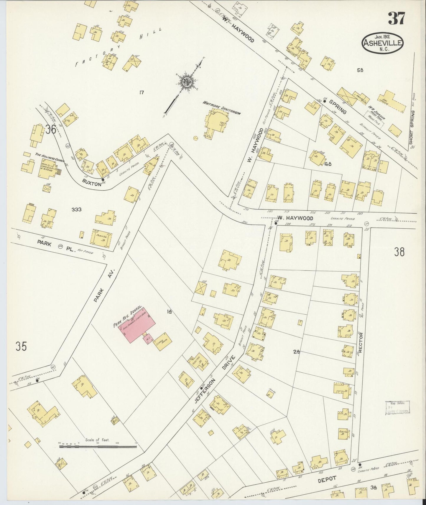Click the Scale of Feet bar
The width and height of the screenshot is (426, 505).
click(98, 447)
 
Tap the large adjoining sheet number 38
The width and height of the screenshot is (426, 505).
click(399, 252)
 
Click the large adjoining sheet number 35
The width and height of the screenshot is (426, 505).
click(22, 346)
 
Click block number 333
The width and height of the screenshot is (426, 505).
click(76, 209)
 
